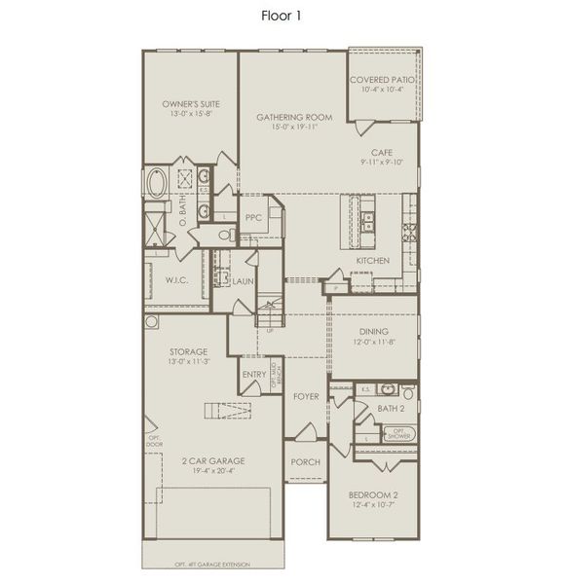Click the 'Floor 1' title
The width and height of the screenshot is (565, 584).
[x=282, y=16]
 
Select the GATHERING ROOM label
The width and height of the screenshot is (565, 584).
[x=294, y=117]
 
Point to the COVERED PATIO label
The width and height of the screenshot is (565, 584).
[x=383, y=80]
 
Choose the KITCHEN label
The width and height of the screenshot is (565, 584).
[x=372, y=260]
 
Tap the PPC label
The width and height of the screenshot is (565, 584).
[x=254, y=218]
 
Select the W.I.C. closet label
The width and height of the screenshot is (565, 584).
[x=175, y=280]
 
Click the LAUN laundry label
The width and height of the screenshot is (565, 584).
[x=243, y=280]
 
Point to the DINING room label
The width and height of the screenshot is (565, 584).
[x=374, y=332]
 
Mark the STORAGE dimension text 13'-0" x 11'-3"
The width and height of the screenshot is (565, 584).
[x=189, y=361]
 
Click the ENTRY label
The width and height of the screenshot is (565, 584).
[x=253, y=375]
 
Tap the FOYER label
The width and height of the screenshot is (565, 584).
[x=306, y=396]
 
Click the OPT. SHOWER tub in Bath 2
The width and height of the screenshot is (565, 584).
[x=397, y=432]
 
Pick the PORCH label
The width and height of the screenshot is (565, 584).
[x=306, y=461]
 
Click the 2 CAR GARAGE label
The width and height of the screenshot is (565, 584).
[x=212, y=460]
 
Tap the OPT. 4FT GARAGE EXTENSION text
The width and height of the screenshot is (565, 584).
[x=211, y=565]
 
